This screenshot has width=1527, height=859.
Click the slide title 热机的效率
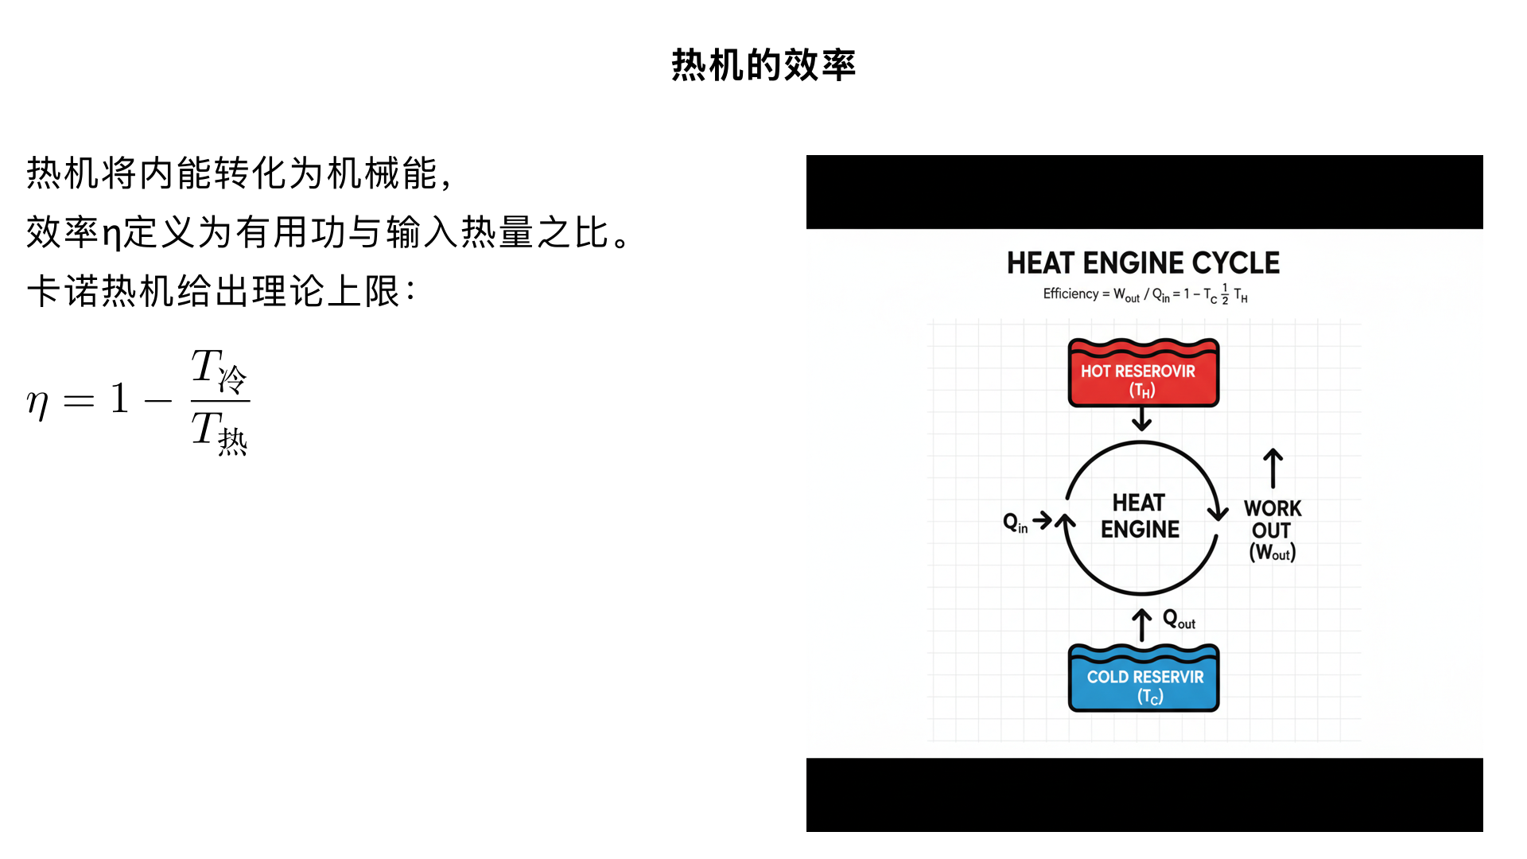[763, 65]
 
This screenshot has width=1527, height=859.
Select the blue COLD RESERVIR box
[1144, 681]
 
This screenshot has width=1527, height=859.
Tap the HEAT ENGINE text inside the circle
[1140, 516]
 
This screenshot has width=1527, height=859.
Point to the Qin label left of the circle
[1015, 523]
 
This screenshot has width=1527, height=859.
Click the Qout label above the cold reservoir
[1179, 620]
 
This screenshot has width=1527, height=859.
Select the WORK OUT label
[1272, 519]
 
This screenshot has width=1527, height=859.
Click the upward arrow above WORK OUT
[1272, 468]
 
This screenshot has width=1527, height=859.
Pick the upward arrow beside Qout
[1142, 625]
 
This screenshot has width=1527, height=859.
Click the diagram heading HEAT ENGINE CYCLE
[1143, 263]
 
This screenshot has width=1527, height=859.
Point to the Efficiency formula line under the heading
[1144, 295]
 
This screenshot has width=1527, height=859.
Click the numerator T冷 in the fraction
[219, 371]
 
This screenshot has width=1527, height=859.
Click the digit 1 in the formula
[119, 398]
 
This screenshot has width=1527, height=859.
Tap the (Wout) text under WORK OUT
[1272, 553]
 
